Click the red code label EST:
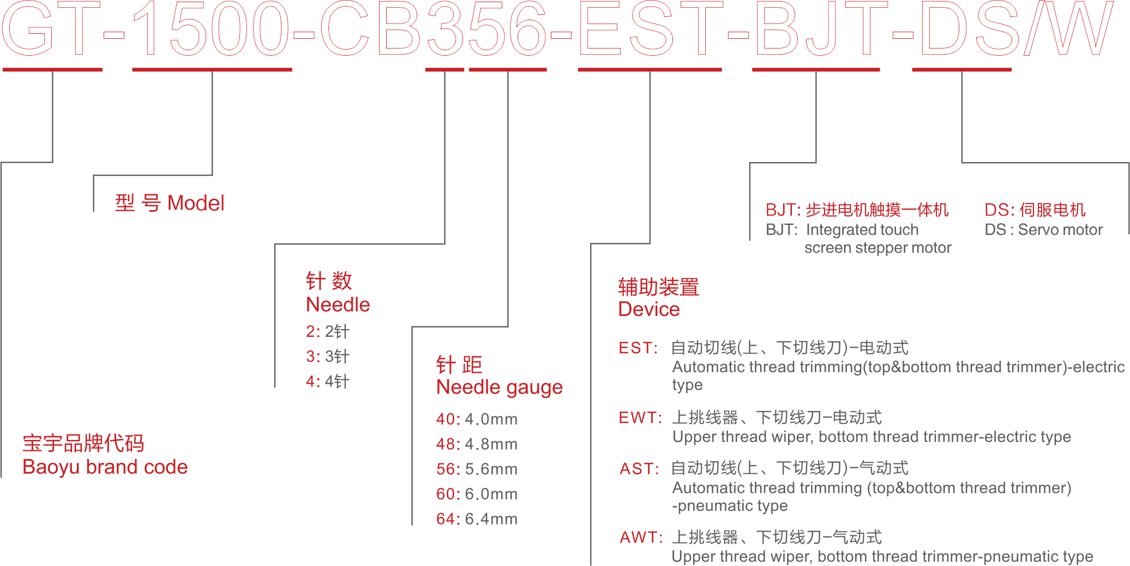638,348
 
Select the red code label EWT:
640,418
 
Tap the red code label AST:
639,469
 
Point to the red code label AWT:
641,538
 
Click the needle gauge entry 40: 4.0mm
477,419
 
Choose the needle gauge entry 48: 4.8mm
477,444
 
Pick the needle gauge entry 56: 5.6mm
477,469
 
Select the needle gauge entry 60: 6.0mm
477,494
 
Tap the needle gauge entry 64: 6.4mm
477,519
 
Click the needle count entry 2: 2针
327,331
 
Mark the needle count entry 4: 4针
327,382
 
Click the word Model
196,204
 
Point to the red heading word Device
648,309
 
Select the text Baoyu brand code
105,467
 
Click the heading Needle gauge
499,387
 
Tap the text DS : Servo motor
1043,230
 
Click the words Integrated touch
862,230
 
